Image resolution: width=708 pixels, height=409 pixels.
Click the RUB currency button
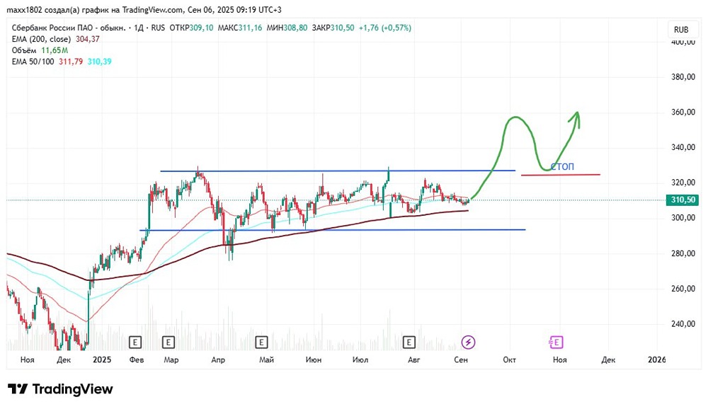[681, 30]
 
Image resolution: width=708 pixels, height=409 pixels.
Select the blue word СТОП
[562, 167]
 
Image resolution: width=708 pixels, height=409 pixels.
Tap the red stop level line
[560, 175]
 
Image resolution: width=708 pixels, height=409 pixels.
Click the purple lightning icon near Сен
[468, 342]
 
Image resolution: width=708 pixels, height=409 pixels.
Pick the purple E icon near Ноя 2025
[556, 342]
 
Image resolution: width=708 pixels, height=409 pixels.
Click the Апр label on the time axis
[218, 360]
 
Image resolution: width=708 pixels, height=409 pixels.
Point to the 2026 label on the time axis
[657, 360]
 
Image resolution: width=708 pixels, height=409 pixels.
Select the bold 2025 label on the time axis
[102, 360]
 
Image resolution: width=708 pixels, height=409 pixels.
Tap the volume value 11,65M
[54, 50]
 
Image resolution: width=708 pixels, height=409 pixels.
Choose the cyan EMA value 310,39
[98, 62]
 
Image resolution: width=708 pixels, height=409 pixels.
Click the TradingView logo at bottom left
[60, 389]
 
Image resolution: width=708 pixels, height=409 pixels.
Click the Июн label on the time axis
[313, 360]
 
